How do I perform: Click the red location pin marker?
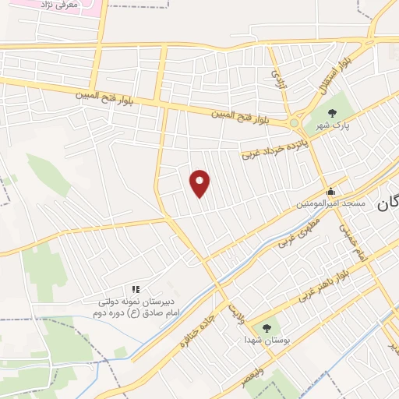[x=201, y=182]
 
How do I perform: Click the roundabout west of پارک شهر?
[x=295, y=122]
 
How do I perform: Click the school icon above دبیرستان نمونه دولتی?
[x=136, y=289]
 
